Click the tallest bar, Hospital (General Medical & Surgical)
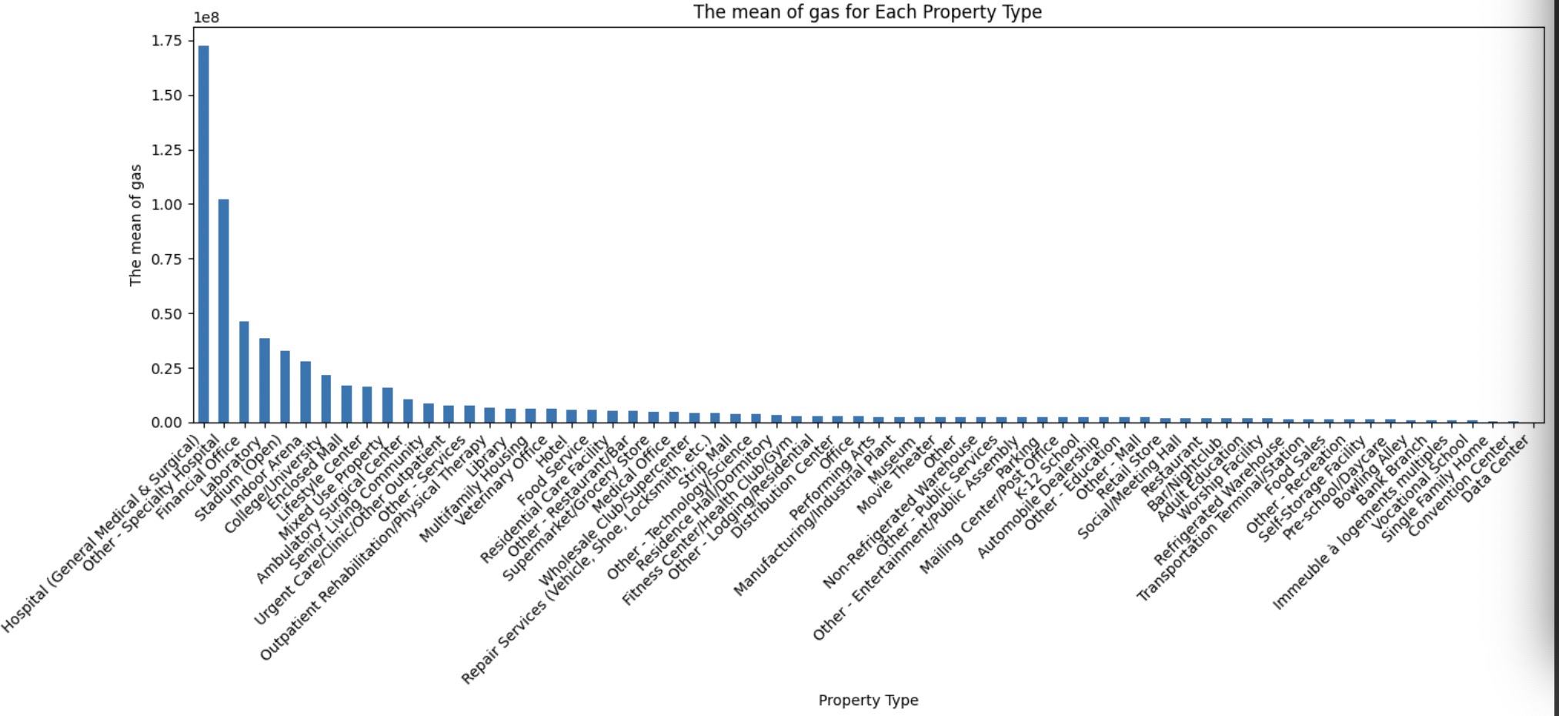click(203, 231)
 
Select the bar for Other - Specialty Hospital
click(224, 308)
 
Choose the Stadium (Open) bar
click(285, 386)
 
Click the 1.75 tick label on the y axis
click(167, 41)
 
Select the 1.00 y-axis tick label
click(167, 205)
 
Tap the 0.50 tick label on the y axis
click(167, 314)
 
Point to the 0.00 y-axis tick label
click(167, 423)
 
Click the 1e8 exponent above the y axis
click(206, 18)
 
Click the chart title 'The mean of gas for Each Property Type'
click(867, 12)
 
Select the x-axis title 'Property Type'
click(868, 701)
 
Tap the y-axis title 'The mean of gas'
click(136, 225)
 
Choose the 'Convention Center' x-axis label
click(1458, 489)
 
